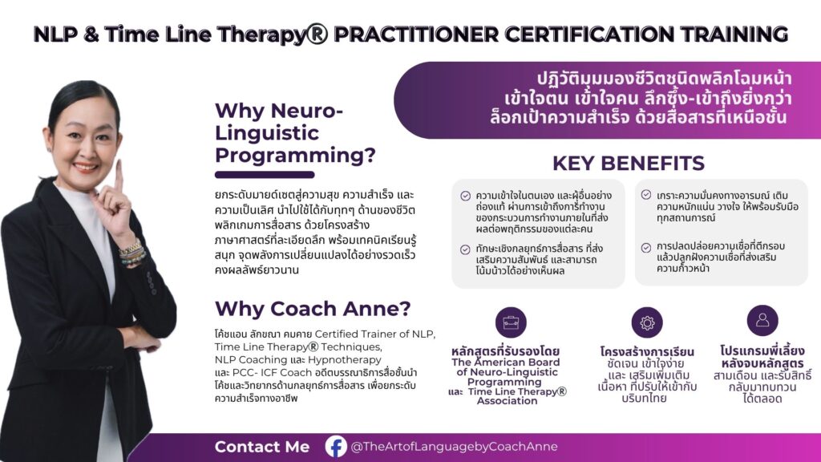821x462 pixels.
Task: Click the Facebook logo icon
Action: coord(336,447)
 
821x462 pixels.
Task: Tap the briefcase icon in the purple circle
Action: coord(511,322)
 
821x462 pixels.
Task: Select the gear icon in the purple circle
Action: coord(647,322)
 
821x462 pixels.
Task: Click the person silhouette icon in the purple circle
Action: coord(762,320)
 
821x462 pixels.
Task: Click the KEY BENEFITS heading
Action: coord(629,164)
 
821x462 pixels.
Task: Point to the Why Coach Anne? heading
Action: coord(313,309)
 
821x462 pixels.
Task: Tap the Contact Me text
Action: coord(262,447)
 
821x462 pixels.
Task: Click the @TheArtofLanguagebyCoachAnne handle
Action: coord(454,447)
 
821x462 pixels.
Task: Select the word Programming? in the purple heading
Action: coord(295,156)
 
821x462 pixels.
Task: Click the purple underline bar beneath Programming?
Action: coord(265,175)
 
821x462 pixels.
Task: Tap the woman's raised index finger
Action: coord(119,174)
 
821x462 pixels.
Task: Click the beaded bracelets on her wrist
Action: coord(131,253)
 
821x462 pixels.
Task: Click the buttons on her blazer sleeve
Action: coord(152,283)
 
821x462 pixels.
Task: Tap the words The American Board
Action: coord(505,362)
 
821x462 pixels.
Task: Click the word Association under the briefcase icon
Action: coord(507,401)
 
